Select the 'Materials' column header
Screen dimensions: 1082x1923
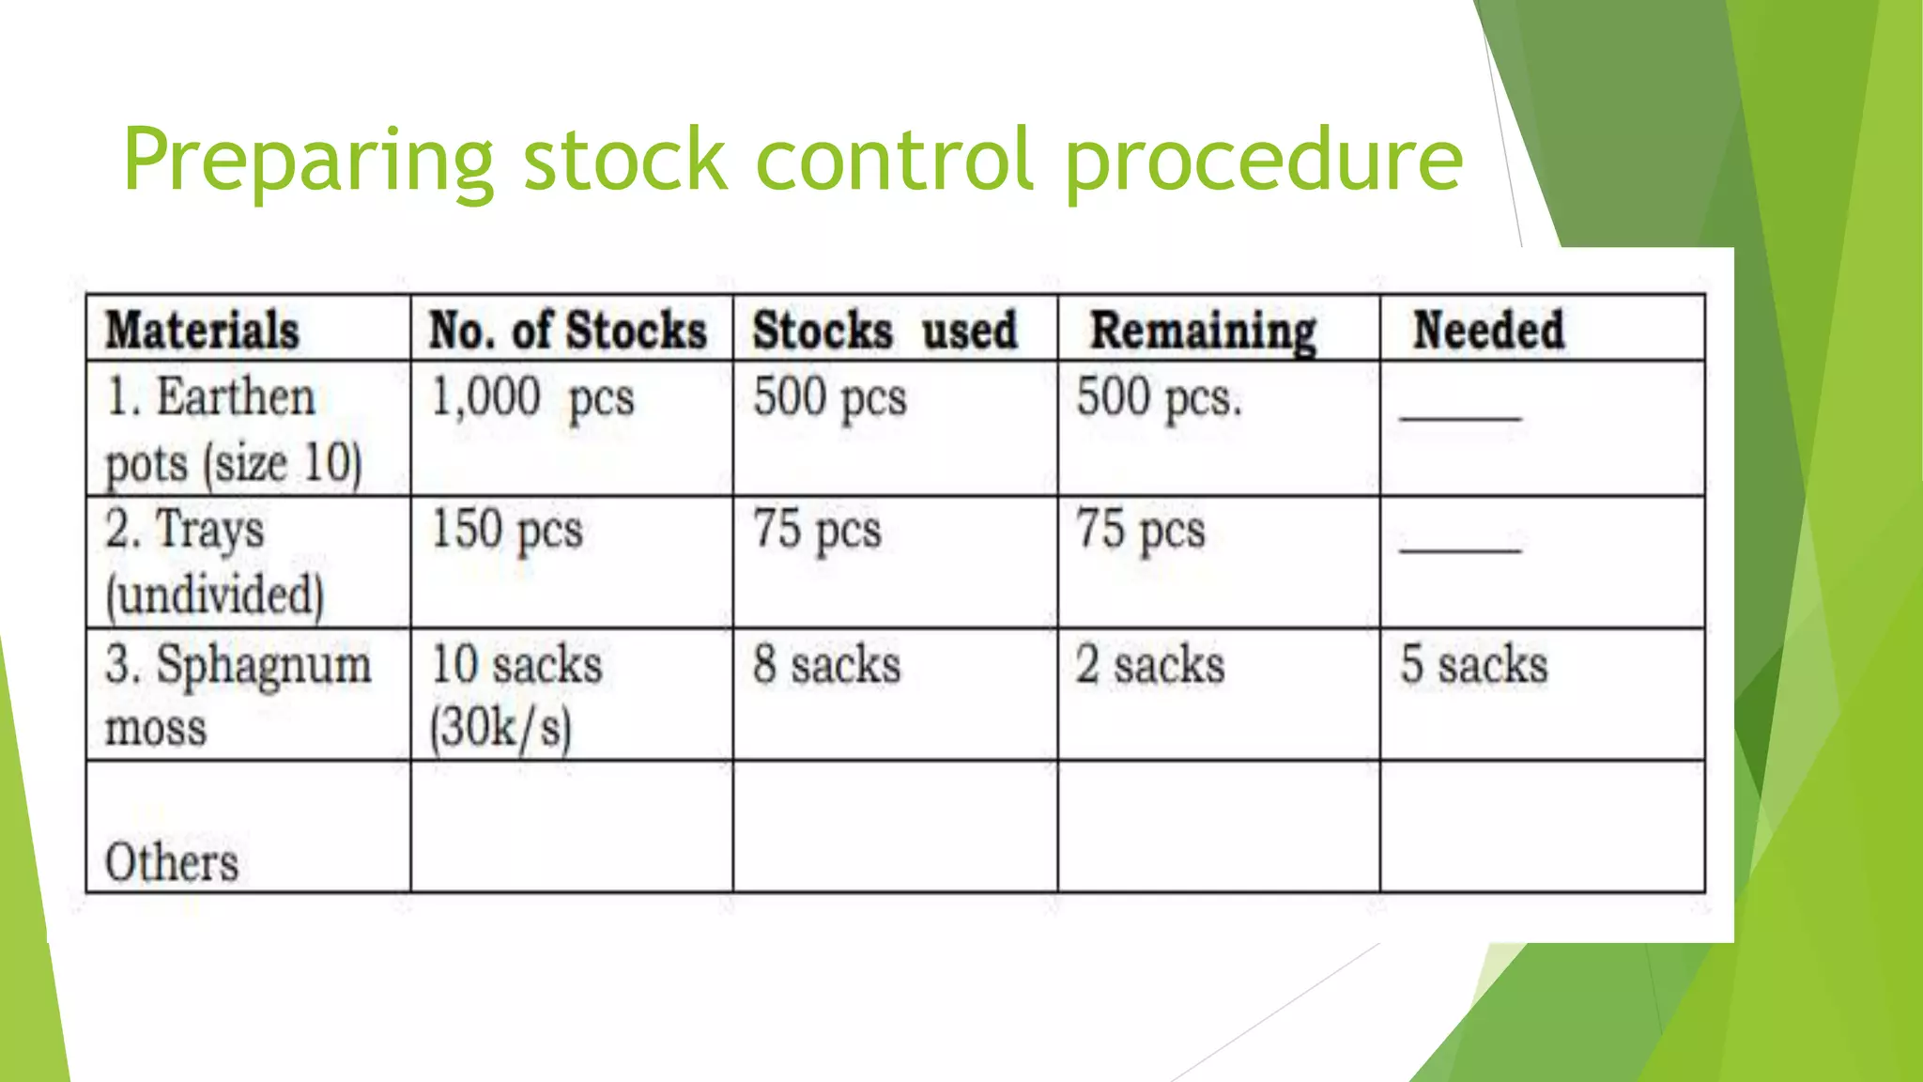click(202, 331)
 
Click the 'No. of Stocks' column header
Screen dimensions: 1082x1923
click(567, 331)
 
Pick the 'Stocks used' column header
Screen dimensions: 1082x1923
click(885, 331)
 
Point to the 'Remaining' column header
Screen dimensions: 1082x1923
click(1203, 332)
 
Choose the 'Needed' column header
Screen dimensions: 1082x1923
click(1488, 331)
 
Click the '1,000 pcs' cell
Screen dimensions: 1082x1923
click(532, 397)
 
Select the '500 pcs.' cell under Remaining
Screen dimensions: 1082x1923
click(1159, 397)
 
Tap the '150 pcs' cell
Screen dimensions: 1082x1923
click(507, 530)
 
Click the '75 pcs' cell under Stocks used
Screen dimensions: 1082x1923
click(817, 530)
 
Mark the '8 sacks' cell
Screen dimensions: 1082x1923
click(826, 665)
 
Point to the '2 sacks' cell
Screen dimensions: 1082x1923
click(1150, 665)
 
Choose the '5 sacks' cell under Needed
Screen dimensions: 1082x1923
click(1474, 665)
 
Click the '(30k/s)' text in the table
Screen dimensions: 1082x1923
click(500, 728)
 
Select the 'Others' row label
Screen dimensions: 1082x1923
click(172, 862)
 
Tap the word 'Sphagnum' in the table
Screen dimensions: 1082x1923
click(264, 667)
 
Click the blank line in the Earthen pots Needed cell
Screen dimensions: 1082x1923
click(1460, 417)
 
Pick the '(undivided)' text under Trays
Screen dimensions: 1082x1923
click(215, 595)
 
